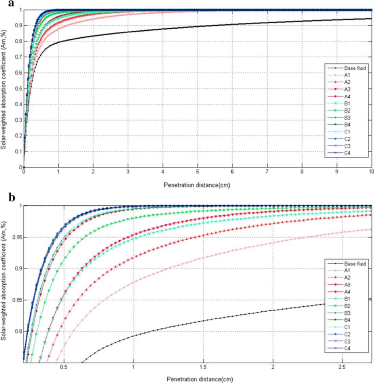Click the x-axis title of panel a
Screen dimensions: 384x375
tap(197, 185)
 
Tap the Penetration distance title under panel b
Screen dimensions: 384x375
tap(200, 379)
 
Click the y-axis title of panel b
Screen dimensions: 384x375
tap(4, 283)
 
